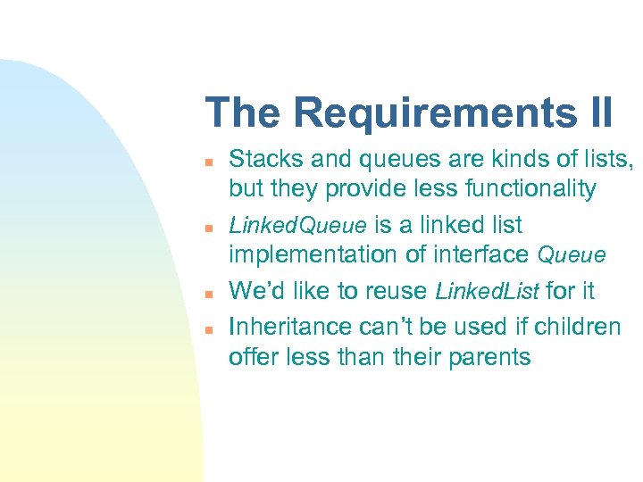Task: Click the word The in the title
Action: point(244,113)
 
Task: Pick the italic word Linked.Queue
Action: point(287,225)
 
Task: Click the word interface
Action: point(482,254)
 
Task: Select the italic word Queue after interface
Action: point(572,256)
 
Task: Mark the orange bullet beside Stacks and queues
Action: point(206,162)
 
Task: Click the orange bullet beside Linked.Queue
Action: point(206,227)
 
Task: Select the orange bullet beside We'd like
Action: point(206,293)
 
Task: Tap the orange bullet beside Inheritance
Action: point(206,328)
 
